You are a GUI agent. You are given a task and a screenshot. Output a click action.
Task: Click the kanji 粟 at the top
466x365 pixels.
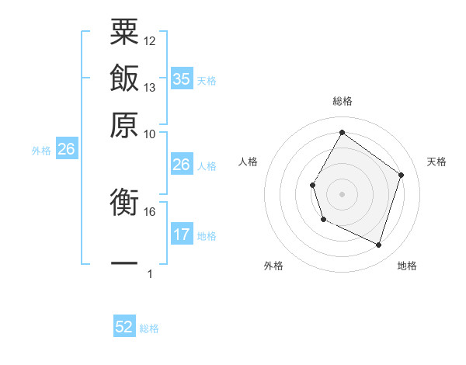124,32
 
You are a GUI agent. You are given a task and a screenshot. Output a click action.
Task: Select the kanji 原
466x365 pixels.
124,123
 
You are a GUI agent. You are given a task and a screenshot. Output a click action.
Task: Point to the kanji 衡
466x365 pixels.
124,203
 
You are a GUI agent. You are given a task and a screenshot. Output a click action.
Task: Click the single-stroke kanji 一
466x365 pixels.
124,262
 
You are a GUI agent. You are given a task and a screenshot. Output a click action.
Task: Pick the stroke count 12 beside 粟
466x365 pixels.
150,40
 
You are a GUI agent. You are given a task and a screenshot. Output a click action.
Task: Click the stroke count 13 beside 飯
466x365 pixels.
150,87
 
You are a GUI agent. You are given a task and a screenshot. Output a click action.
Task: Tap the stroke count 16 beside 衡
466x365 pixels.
150,211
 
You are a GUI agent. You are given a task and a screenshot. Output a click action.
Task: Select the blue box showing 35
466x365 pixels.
181,78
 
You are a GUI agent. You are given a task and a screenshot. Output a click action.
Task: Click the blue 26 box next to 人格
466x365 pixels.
181,165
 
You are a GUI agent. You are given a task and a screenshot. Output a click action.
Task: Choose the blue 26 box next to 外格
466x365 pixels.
66,149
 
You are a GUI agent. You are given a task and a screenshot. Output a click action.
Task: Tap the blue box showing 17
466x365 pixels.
181,234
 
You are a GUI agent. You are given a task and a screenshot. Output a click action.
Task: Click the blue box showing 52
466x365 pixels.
124,327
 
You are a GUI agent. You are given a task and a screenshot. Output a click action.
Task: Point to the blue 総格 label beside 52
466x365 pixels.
149,328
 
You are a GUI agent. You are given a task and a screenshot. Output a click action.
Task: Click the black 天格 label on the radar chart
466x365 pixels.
436,162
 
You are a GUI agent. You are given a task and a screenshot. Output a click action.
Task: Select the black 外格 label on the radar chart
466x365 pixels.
273,266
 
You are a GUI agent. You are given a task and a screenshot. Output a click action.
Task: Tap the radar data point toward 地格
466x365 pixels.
378,245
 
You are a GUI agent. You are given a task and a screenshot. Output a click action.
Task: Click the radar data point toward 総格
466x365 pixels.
342,132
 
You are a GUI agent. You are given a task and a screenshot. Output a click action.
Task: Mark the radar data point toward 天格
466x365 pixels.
401,175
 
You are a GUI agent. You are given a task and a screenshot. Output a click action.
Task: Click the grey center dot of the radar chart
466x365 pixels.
342,193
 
